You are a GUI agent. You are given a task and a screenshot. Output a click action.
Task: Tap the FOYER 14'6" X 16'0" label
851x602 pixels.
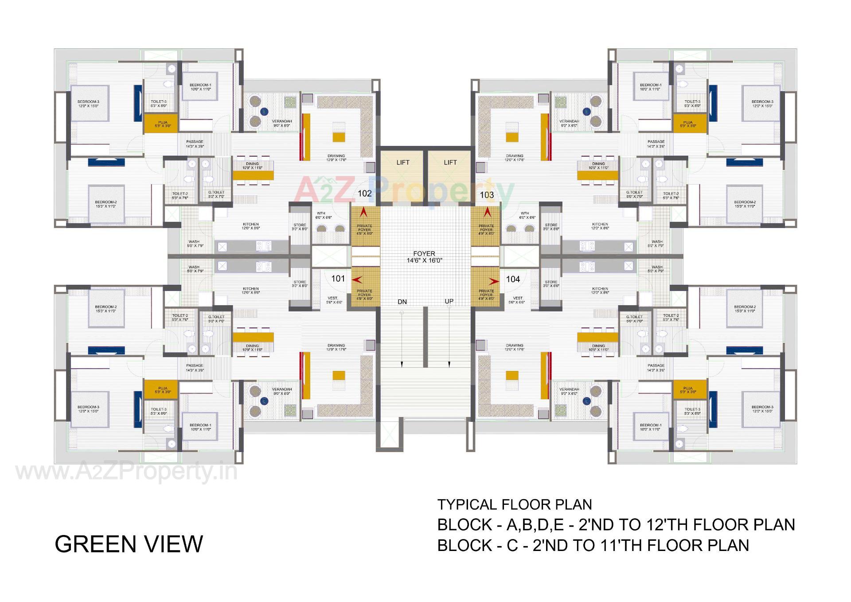tap(424, 257)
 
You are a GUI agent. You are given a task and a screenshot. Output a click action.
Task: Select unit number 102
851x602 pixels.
tap(364, 193)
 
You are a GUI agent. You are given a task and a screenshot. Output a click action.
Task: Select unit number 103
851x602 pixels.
tap(487, 195)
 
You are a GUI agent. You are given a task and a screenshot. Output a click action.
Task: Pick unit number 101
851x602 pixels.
tap(338, 279)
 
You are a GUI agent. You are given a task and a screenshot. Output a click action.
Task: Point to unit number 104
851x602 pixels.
tap(513, 279)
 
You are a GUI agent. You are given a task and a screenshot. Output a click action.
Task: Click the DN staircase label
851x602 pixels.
tap(402, 302)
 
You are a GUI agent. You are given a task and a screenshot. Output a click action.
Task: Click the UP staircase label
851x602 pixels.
tap(449, 301)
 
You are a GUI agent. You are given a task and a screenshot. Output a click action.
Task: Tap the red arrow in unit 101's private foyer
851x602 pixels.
tap(357, 280)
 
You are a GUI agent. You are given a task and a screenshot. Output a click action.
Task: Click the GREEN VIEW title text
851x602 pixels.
tap(129, 544)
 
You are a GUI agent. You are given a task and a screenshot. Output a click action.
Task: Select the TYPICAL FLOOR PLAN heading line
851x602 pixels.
tap(515, 504)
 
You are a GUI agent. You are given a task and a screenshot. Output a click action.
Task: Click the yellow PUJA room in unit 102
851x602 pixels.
tap(160, 124)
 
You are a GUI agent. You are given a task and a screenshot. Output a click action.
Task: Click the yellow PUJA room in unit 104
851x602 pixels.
tap(690, 390)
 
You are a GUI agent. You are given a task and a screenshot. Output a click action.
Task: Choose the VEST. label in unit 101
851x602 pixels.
tap(332, 300)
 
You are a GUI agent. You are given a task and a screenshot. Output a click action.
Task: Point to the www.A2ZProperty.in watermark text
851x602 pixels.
tap(126, 473)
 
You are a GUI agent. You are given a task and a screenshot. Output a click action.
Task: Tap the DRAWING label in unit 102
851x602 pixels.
tap(336, 158)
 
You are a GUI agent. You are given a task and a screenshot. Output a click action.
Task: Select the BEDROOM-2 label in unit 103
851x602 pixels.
tap(745, 204)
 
